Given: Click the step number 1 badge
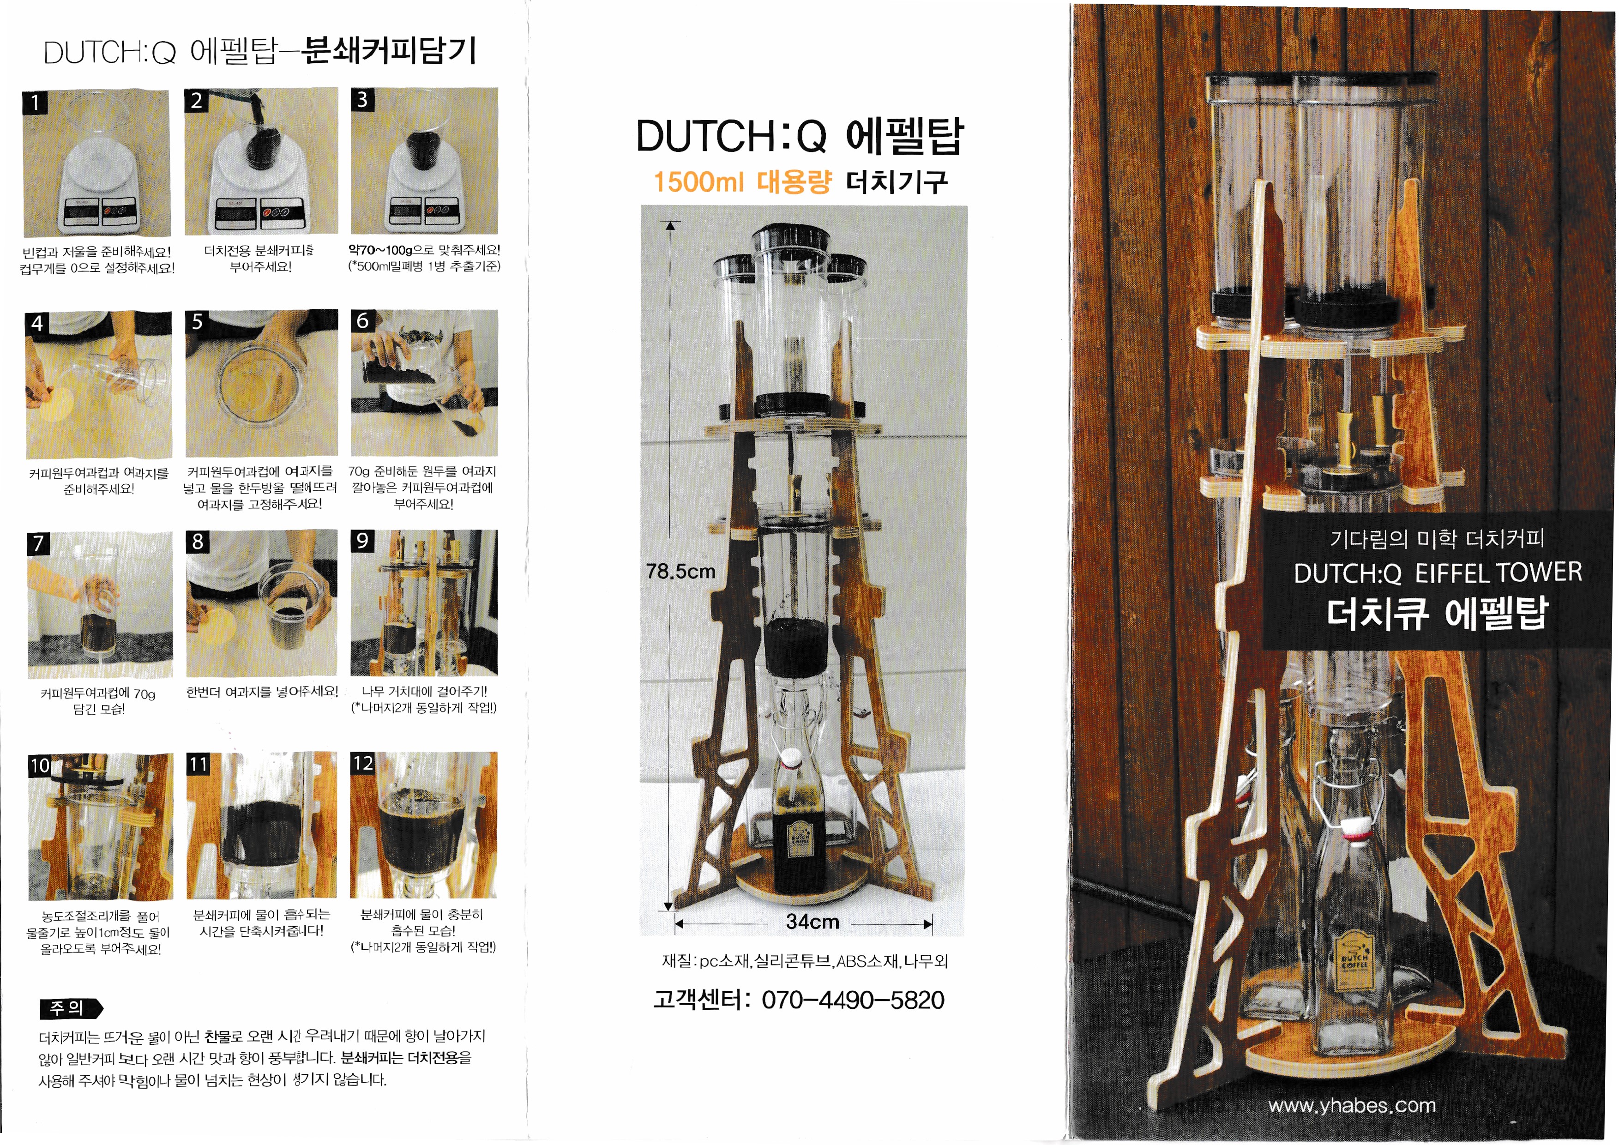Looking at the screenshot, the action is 35,103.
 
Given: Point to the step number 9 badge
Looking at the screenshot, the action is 362,541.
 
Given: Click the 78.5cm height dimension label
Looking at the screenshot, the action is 680,571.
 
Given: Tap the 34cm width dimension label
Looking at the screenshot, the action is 813,922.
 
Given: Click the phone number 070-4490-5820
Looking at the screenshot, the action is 853,1000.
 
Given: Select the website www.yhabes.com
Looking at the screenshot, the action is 1352,1105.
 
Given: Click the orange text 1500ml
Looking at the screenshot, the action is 698,182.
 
